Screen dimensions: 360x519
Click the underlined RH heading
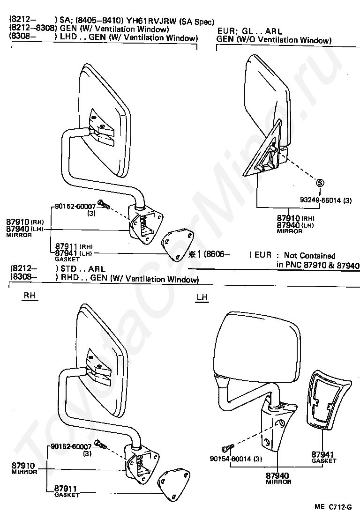coord(30,296)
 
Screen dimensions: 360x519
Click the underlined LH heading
coord(202,297)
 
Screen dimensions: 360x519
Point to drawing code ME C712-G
coord(333,507)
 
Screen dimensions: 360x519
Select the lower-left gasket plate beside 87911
coord(174,487)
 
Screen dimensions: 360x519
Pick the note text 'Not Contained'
coord(309,256)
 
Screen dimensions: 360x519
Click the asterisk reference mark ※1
coord(194,255)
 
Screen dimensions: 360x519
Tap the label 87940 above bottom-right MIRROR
coord(277,476)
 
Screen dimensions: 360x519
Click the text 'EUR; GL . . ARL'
coord(250,32)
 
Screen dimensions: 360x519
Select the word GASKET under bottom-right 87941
coord(324,461)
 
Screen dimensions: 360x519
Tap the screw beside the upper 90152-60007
coord(103,205)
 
